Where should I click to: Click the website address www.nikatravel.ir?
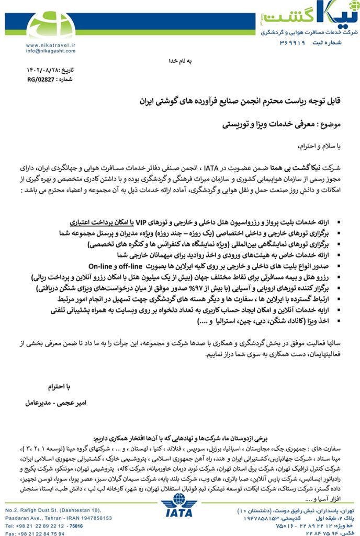(x=51, y=46)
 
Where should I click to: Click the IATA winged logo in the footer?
(x=180, y=512)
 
